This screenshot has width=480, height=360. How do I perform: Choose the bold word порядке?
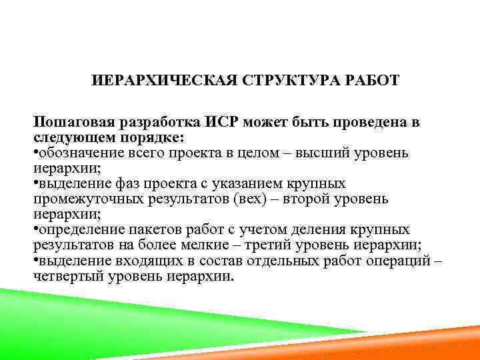point(155,137)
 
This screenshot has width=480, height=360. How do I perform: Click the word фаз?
point(131,183)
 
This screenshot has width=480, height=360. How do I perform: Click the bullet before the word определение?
point(36,230)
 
